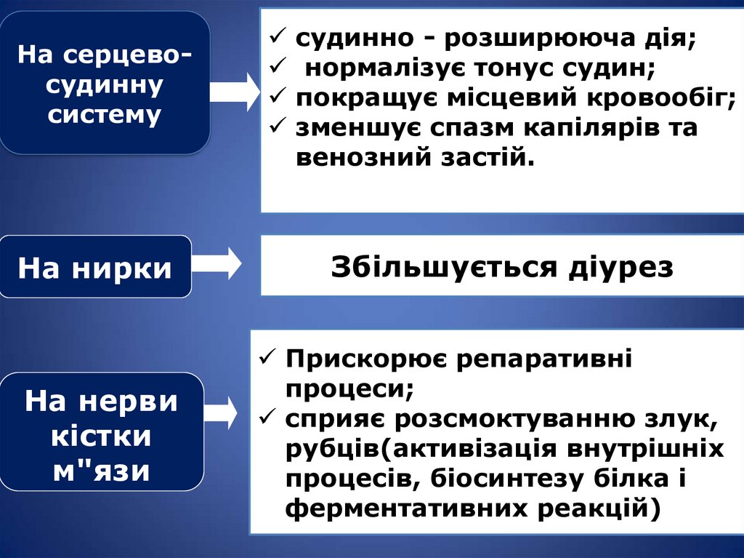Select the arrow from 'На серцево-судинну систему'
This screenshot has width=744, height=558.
click(x=234, y=91)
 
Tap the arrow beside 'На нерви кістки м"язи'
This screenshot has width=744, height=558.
click(x=222, y=413)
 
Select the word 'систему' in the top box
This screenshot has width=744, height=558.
click(x=105, y=115)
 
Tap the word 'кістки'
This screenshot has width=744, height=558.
click(x=101, y=437)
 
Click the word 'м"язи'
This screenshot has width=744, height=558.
click(x=102, y=472)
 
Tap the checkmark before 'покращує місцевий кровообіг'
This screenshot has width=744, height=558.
click(x=278, y=97)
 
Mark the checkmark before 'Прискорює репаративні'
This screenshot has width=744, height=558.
click(x=267, y=359)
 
